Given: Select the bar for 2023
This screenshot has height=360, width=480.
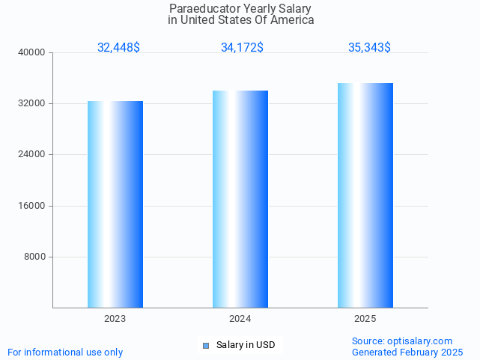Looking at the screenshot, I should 115,204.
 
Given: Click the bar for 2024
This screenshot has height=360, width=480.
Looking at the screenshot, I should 240,199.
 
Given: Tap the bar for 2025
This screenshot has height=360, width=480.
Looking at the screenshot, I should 365,195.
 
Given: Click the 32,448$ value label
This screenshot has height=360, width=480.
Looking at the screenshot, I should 118,48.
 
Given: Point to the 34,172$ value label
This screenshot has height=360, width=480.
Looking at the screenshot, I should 242,48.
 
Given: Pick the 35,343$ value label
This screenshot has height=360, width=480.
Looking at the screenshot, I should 369,48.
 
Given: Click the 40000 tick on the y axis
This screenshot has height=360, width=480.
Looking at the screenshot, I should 32,53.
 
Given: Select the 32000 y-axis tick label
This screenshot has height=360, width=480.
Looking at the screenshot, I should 32,104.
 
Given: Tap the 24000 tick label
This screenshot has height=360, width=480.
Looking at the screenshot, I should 32,155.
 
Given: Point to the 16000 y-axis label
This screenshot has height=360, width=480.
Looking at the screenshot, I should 32,206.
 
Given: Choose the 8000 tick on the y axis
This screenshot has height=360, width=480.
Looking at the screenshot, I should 35,257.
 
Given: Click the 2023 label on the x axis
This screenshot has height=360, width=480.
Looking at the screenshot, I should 115,319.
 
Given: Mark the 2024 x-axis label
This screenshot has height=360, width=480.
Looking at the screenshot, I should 240,319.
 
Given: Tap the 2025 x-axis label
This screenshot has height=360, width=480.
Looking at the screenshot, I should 365,319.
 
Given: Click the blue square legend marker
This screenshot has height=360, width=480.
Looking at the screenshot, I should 206,346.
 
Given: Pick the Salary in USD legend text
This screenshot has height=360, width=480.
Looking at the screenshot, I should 246,345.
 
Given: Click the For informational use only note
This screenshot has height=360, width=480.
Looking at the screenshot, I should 65,352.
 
